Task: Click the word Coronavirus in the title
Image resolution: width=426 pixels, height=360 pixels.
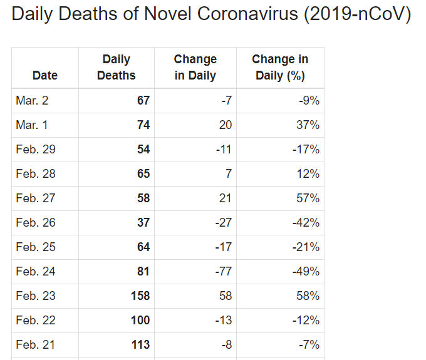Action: [x=247, y=14]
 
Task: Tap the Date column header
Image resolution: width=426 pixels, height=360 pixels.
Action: [x=45, y=76]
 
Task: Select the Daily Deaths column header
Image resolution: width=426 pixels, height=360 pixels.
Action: [x=117, y=68]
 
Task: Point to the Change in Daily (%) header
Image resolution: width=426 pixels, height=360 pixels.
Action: [x=280, y=68]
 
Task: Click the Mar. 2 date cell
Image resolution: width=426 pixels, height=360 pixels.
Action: [x=32, y=100]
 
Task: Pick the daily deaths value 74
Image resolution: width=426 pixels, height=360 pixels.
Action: [x=143, y=125]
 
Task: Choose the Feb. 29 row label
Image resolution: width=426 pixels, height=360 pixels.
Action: [x=36, y=149]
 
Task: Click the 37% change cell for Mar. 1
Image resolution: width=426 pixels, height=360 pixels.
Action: [x=308, y=125]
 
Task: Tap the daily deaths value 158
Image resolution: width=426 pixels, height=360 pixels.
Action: [x=140, y=296]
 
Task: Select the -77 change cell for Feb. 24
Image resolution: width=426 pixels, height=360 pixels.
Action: [x=223, y=271]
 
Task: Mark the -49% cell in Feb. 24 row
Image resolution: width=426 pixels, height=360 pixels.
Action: [x=306, y=271]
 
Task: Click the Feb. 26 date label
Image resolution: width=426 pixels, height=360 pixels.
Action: [x=36, y=223]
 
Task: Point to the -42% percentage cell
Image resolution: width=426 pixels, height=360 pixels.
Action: [x=306, y=223]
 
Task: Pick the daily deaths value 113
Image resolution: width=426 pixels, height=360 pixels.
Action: [x=140, y=344]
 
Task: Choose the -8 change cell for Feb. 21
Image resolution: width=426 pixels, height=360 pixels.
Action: [x=227, y=344]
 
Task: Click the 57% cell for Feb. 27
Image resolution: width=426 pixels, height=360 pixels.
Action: [x=308, y=198]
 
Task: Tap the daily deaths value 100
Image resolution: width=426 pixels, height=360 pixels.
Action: [x=140, y=320]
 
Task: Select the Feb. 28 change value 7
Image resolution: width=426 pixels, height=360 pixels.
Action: [x=229, y=174]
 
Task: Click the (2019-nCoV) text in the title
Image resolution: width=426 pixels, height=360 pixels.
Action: [x=358, y=14]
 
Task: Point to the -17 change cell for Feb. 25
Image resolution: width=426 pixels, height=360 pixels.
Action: [x=223, y=247]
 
